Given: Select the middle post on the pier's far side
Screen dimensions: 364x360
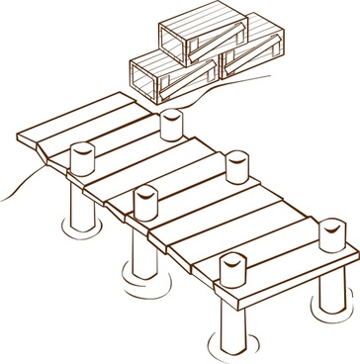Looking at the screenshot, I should (x=236, y=165).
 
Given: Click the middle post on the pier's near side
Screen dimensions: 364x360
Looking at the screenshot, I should (x=146, y=202).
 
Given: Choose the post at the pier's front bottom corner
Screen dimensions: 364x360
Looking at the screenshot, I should (x=232, y=273).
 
